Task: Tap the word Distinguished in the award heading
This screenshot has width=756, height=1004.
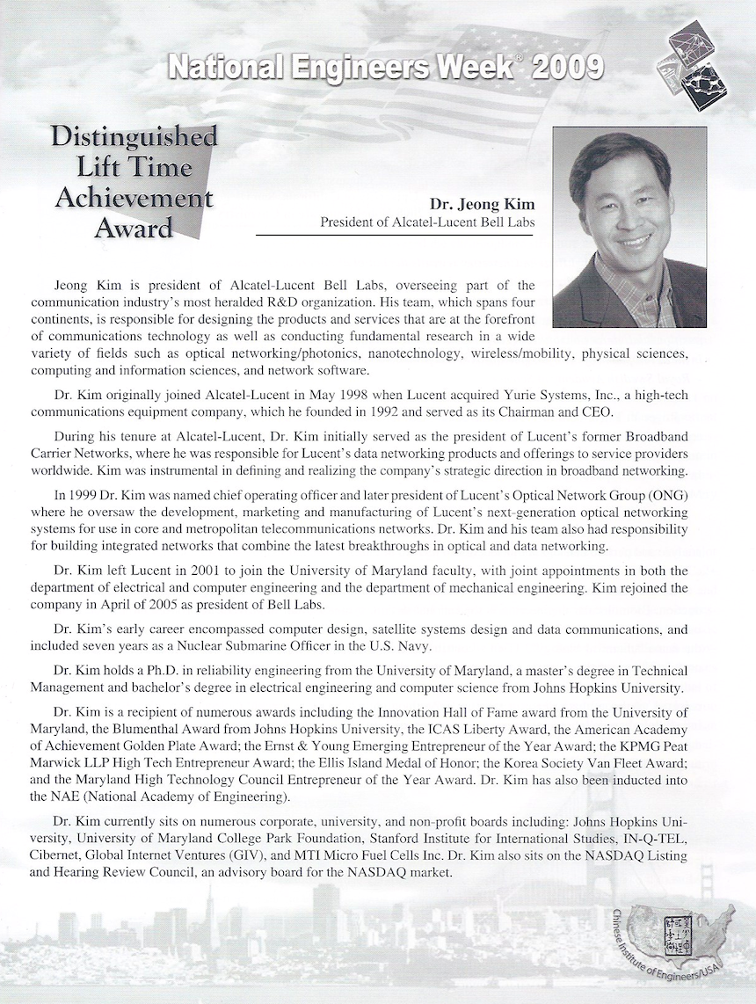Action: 134,137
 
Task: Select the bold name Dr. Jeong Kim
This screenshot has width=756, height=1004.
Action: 482,204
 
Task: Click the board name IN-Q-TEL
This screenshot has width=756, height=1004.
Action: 657,838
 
